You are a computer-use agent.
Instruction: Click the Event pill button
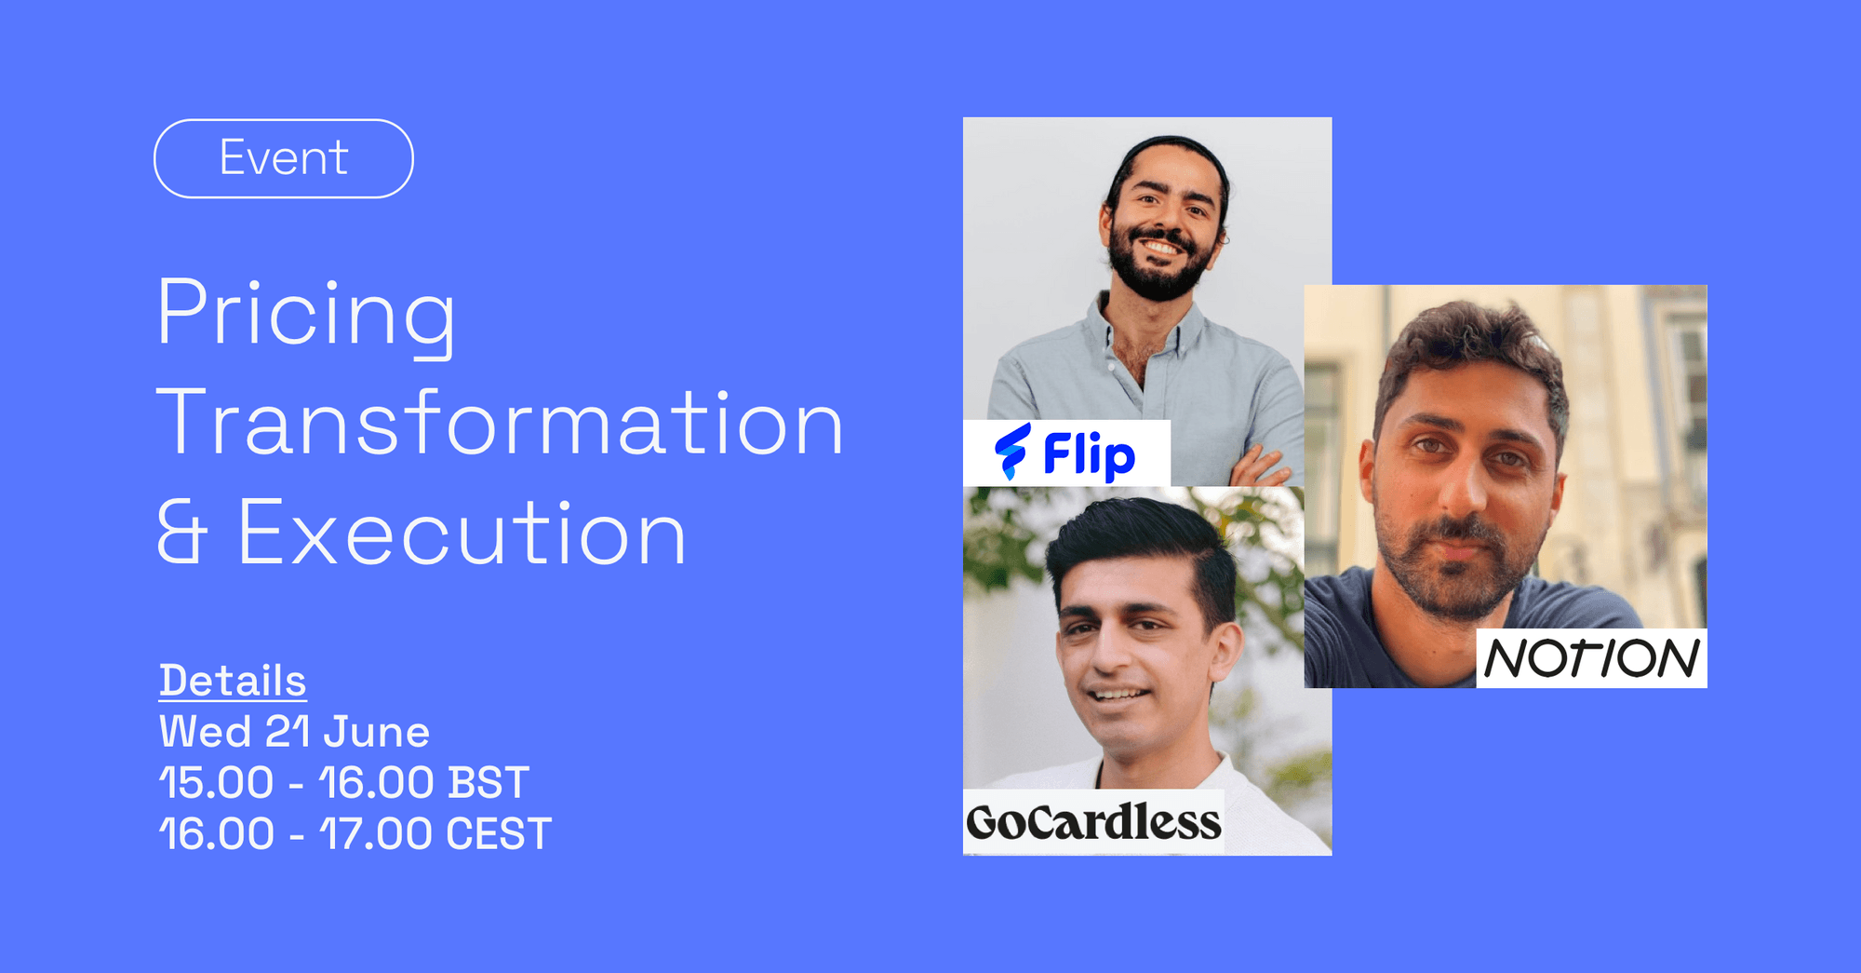click(283, 158)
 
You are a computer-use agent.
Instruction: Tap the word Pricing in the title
click(306, 313)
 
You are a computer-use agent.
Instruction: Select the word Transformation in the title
click(501, 424)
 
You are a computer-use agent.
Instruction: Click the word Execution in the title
click(462, 534)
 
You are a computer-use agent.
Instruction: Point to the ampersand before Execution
click(180, 534)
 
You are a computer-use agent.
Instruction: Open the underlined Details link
click(233, 681)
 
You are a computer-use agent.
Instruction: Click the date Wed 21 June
click(294, 732)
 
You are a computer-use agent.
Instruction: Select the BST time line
click(343, 782)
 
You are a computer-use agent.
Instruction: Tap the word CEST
click(499, 833)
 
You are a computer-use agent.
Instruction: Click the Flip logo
click(1066, 453)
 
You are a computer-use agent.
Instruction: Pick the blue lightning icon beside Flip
click(1011, 452)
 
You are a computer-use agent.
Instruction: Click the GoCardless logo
click(1093, 822)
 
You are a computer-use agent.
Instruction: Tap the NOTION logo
click(1591, 658)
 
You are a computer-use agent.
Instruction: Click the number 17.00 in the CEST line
click(376, 833)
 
